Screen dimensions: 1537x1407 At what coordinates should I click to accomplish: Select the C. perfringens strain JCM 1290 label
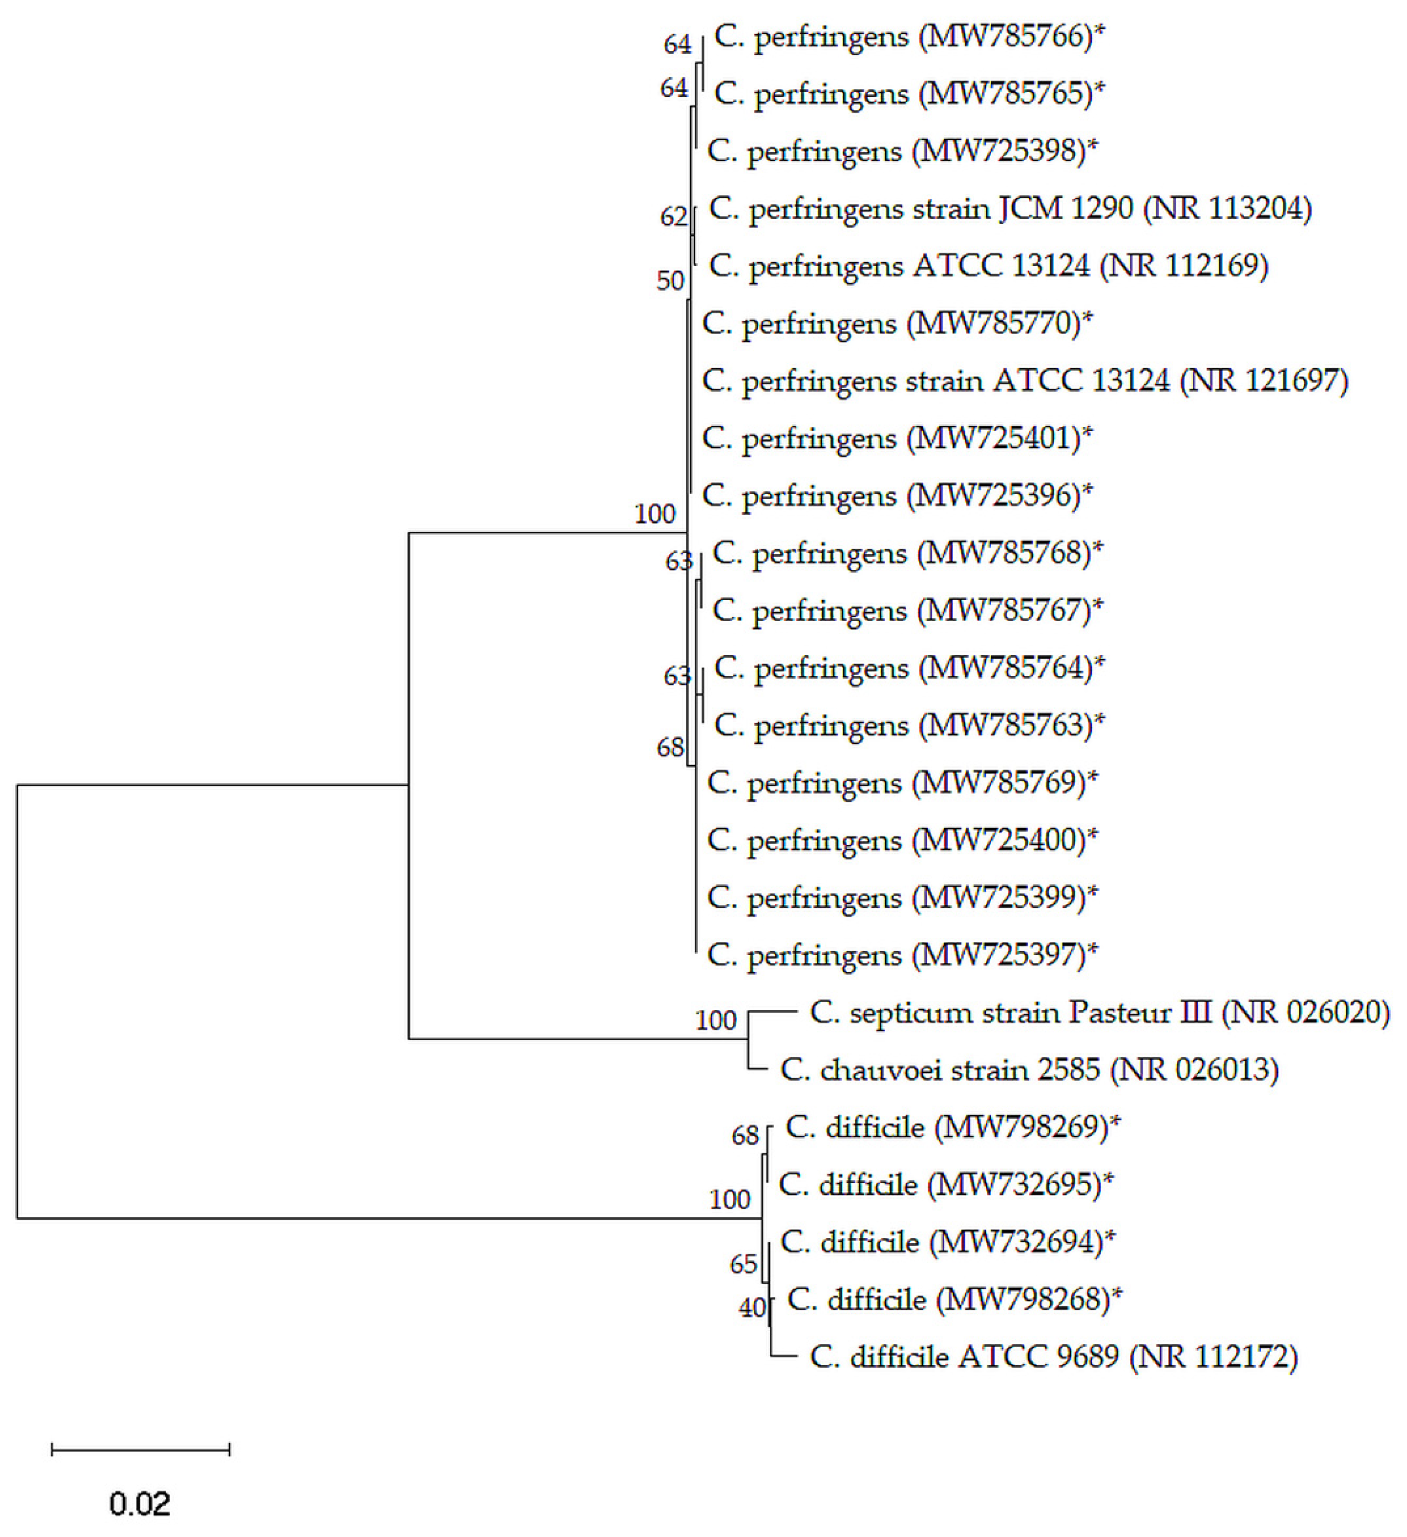point(1010,209)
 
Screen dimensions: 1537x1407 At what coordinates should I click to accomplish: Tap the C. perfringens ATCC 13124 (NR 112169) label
point(988,266)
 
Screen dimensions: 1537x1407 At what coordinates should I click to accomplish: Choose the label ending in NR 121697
point(1024,381)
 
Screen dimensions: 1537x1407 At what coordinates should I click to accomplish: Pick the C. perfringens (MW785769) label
point(902,783)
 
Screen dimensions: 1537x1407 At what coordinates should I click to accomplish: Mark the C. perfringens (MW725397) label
point(902,955)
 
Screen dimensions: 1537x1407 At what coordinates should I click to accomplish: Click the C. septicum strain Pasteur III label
point(1099,1013)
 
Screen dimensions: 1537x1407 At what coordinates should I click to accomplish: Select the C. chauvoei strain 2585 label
point(1029,1070)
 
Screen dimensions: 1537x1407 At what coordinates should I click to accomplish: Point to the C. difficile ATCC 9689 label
point(1053,1357)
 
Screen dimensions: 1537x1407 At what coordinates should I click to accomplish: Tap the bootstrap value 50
point(670,281)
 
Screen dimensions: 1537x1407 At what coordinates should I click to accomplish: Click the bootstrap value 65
point(743,1265)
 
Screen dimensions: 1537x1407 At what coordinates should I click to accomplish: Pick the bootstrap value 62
point(673,217)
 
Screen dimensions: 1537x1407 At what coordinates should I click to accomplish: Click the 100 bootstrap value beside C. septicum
point(716,1020)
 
